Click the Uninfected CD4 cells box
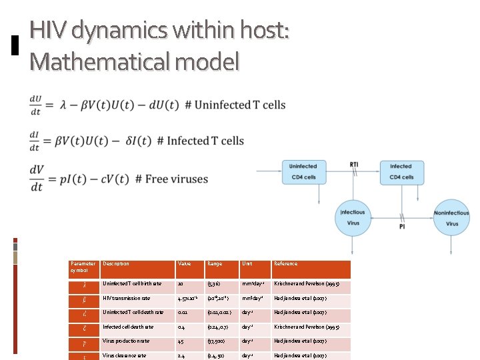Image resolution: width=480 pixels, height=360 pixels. coord(303,171)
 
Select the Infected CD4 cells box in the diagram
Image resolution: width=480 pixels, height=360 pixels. coord(401,171)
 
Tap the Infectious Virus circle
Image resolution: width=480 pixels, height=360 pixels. coord(353,218)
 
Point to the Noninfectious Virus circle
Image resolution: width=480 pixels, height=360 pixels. coord(452,218)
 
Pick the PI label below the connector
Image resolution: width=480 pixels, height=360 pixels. coord(402,227)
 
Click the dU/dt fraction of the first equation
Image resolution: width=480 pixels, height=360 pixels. coord(37,105)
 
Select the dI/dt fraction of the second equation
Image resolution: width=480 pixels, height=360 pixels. coord(35,141)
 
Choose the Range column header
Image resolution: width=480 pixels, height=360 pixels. coord(215,264)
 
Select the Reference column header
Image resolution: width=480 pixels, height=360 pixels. coord(286,264)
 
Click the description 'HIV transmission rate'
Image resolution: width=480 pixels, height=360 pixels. coord(127,298)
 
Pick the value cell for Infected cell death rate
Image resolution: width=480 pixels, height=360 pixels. coord(181,327)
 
